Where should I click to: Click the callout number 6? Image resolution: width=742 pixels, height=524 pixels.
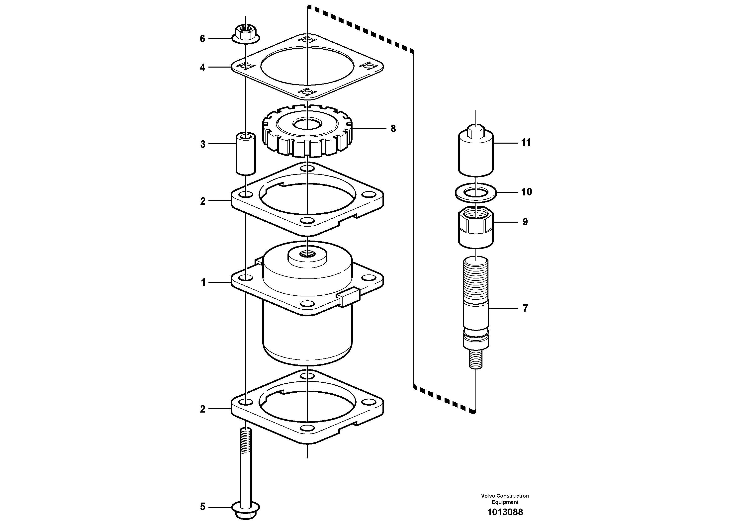[x=202, y=39]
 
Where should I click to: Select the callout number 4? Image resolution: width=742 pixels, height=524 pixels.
[x=202, y=68]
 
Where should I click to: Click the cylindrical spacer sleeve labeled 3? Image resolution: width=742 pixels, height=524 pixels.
[x=246, y=154]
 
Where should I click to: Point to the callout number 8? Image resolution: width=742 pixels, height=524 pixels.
[x=393, y=129]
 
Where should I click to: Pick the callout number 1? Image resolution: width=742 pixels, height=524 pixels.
[x=203, y=283]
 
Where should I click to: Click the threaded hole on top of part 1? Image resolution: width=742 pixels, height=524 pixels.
[x=307, y=254]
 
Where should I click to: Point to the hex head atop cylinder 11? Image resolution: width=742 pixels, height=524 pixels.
[x=476, y=131]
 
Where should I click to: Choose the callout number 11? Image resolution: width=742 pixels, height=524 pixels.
[x=526, y=143]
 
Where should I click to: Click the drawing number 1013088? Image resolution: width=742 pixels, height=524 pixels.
[x=505, y=512]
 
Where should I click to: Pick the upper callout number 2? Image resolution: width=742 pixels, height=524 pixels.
[x=203, y=201]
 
